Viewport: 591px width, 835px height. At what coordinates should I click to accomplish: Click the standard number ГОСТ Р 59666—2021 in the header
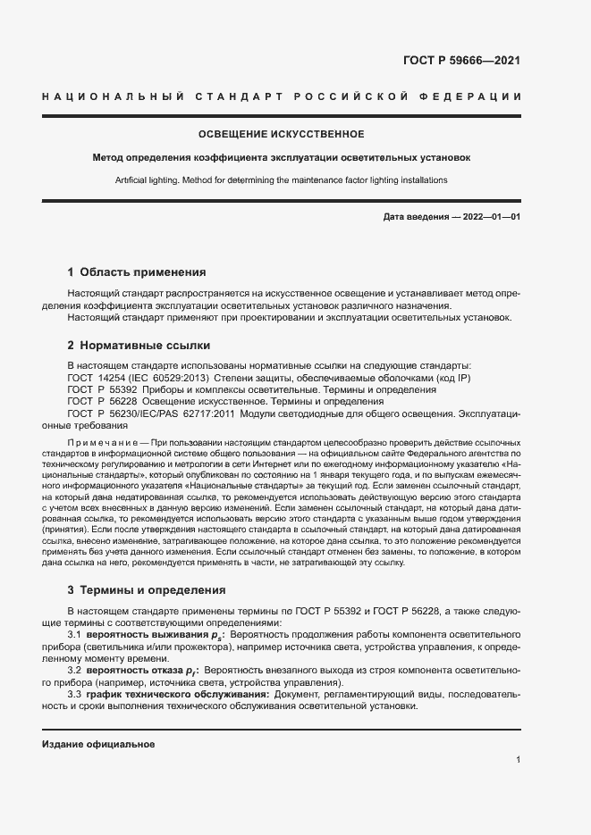coord(462,62)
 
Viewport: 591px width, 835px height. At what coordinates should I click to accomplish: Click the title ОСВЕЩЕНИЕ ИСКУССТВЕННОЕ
coord(281,134)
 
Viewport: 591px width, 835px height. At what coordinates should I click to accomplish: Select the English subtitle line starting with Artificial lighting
coord(281,180)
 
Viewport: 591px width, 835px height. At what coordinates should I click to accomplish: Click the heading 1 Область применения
coord(137,271)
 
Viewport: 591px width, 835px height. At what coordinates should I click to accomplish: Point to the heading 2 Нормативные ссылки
coord(139,345)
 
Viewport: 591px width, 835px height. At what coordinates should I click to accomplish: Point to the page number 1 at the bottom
coord(518,759)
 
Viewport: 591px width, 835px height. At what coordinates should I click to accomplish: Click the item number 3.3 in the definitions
coord(76,693)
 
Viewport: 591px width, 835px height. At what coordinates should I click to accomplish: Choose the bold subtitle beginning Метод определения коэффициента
coord(281,157)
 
